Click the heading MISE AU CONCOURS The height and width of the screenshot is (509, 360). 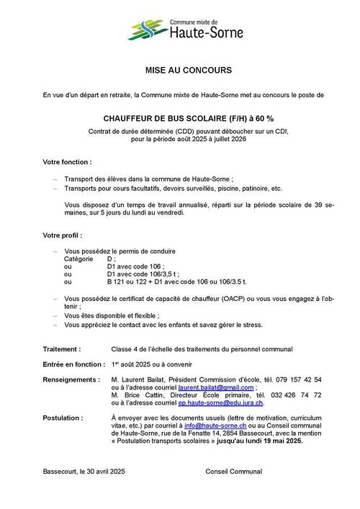pos(179,72)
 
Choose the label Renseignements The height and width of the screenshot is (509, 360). pos(71,379)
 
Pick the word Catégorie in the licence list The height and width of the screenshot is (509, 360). pos(79,258)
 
